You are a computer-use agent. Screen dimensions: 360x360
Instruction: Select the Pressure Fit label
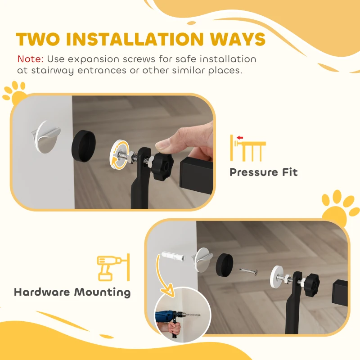click(263, 172)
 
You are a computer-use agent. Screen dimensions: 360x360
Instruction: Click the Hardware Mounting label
click(72, 292)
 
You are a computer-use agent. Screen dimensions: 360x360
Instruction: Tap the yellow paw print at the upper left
click(15, 91)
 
